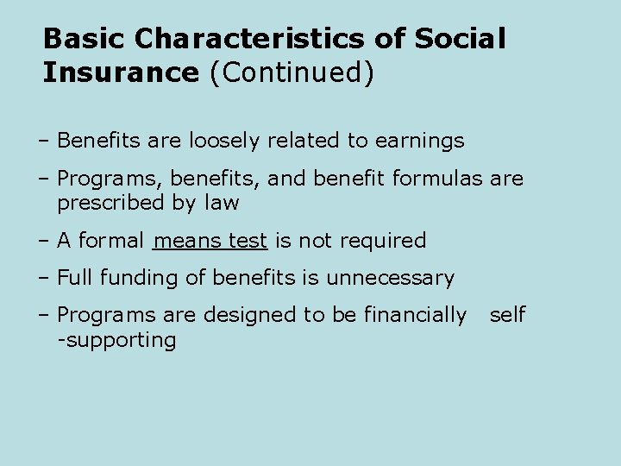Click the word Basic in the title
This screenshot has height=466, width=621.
84,39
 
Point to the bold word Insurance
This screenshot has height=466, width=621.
121,72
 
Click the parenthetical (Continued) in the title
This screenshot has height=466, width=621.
292,72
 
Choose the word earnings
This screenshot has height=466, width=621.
420,141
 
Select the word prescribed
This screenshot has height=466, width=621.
110,204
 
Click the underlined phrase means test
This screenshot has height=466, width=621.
210,241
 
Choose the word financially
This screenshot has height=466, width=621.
411,316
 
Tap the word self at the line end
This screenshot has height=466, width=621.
507,316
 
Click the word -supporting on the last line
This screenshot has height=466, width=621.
116,340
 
